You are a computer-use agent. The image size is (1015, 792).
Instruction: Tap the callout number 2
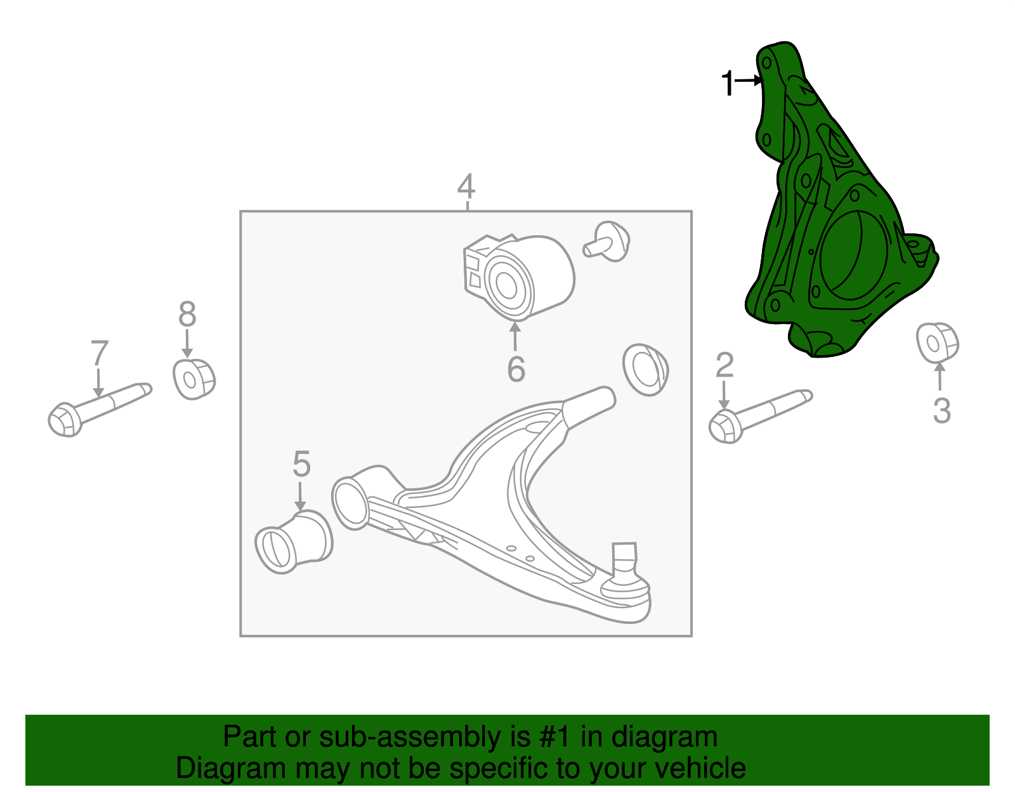[x=724, y=365]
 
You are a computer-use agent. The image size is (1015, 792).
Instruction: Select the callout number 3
[x=941, y=410]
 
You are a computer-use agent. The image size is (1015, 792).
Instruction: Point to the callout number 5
[x=301, y=464]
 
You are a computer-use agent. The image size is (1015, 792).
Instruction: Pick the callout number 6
[x=516, y=369]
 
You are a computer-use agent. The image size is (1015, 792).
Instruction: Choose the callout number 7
[x=99, y=354]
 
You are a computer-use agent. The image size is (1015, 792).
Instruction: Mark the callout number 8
[x=187, y=314]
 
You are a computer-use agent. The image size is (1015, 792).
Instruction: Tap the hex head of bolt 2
[x=725, y=426]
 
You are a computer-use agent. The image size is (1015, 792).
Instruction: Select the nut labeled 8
[x=193, y=379]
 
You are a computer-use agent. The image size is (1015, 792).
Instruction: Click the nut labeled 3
[x=936, y=342]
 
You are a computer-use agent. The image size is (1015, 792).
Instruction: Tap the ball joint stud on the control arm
[x=624, y=558]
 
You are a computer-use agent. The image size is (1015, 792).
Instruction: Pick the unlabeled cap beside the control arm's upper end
[x=646, y=370]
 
